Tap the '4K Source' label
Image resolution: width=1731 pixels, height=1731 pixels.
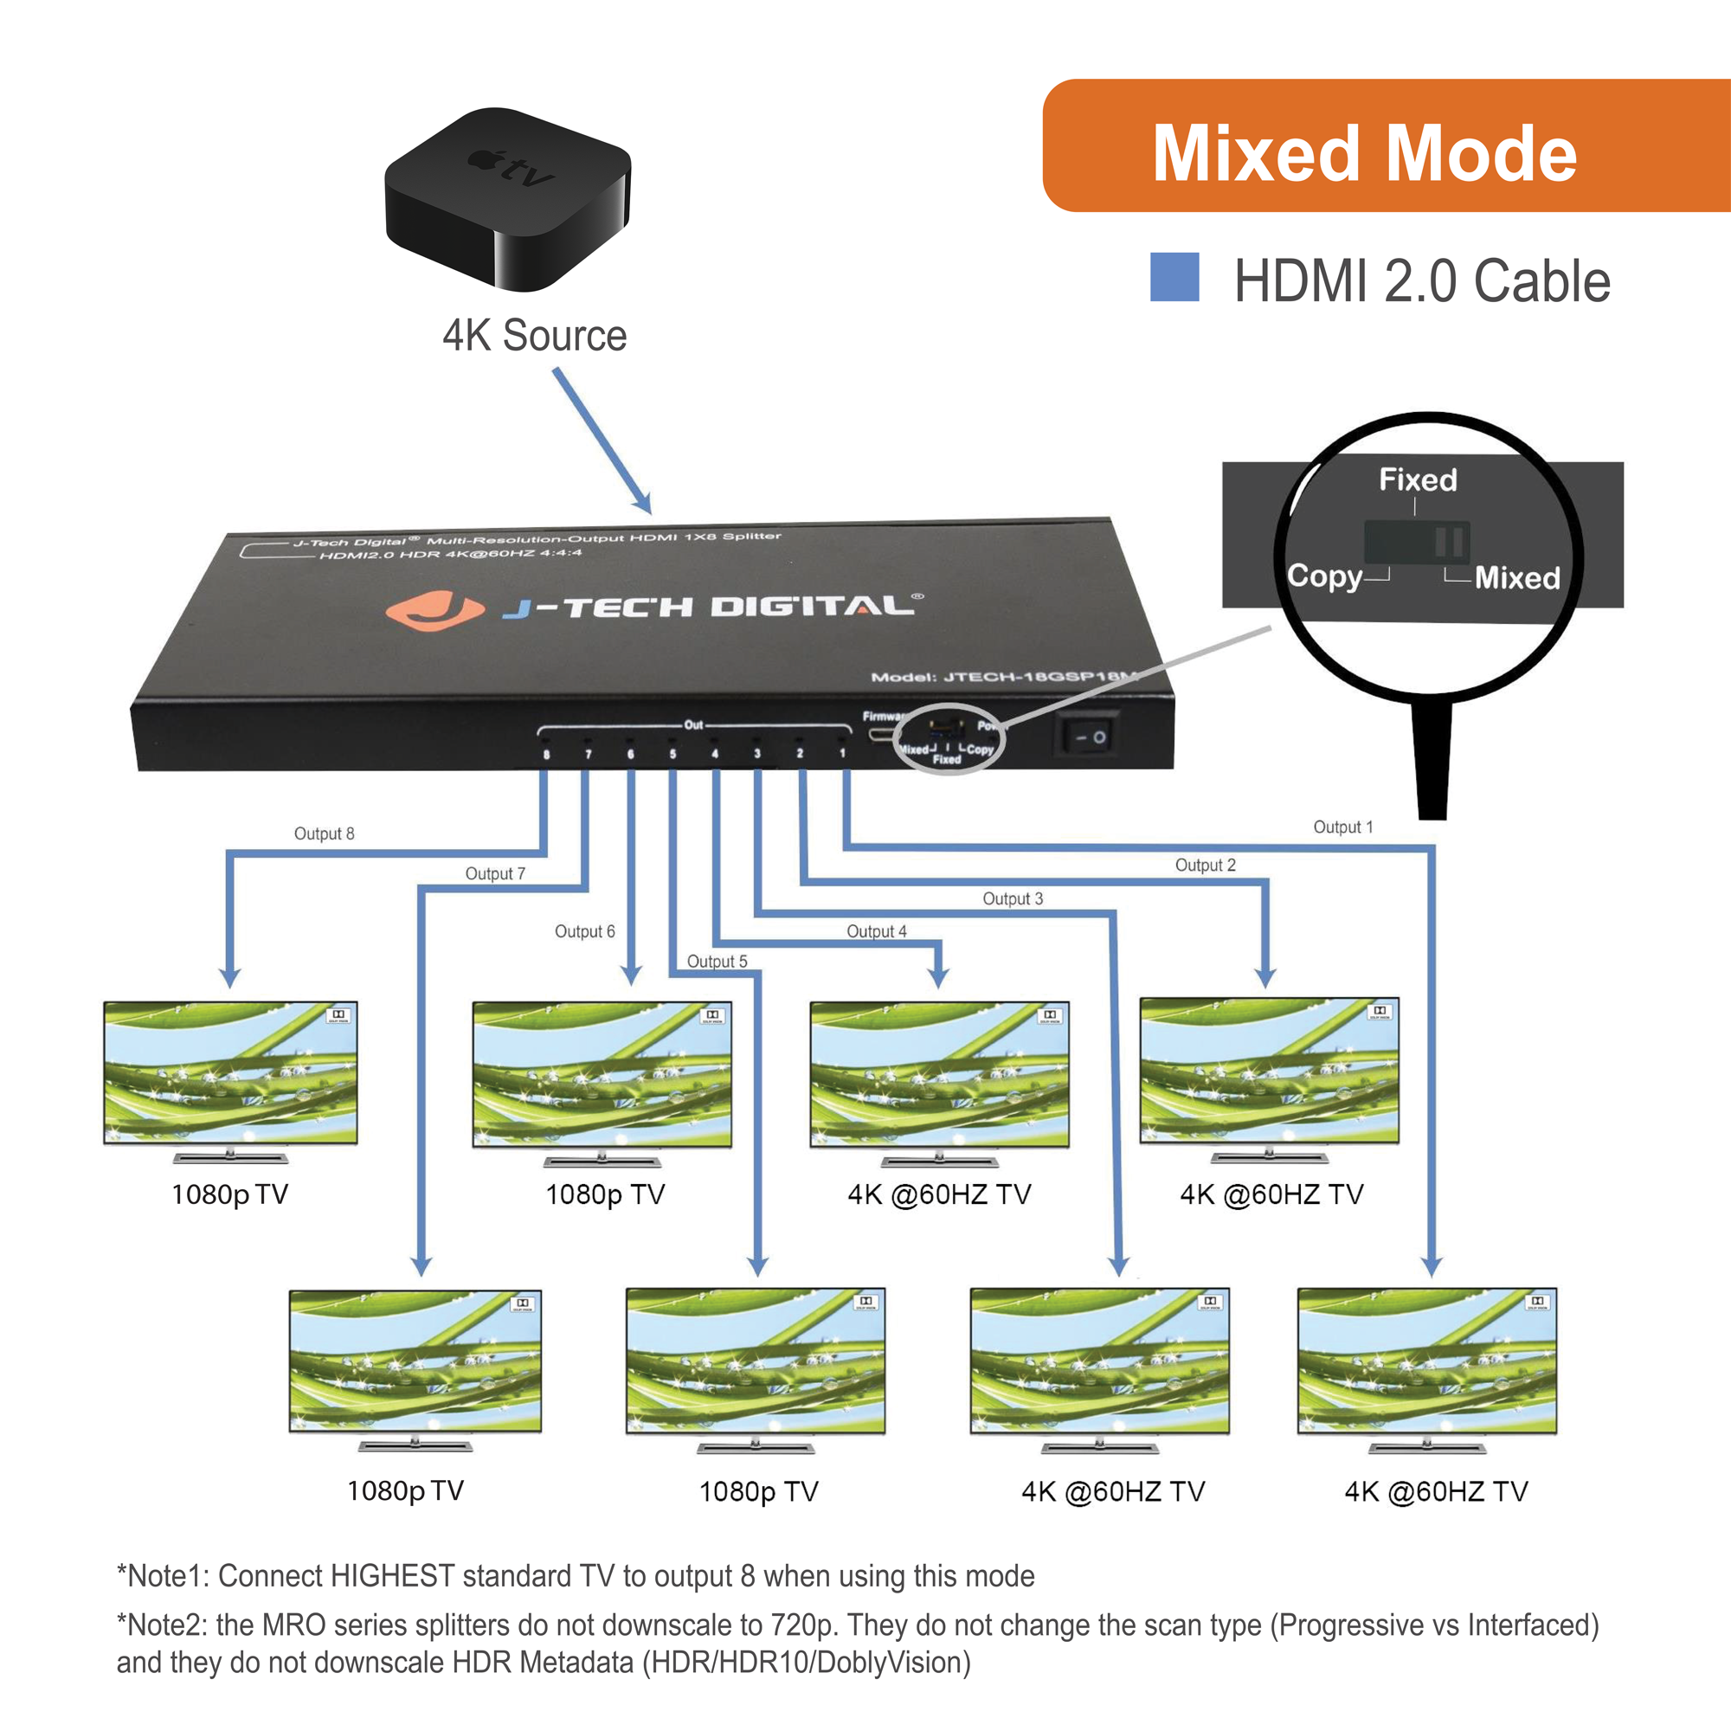point(534,336)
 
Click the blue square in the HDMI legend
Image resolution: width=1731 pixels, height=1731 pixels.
point(1174,277)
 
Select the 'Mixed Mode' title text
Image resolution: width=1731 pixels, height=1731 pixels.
point(1364,154)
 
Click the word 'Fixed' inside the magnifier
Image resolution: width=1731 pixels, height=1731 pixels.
point(1418,480)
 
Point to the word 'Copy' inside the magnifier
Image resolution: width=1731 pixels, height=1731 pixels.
point(1324,576)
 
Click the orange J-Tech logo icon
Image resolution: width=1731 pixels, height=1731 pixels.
point(434,611)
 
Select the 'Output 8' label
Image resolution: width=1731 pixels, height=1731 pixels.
point(325,833)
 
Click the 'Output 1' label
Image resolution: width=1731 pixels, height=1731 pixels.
point(1342,827)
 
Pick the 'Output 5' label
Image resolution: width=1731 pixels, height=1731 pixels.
point(717,962)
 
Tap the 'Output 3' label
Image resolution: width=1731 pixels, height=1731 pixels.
point(1013,898)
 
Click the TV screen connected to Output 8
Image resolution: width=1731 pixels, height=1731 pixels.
point(231,1072)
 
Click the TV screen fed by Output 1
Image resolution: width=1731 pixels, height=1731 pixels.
point(1426,1360)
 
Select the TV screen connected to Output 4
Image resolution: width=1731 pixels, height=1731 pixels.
point(939,1073)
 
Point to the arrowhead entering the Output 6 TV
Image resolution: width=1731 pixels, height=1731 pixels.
point(632,975)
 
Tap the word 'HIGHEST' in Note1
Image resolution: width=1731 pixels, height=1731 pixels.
point(392,1575)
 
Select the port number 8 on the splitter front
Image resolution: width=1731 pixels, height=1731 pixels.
point(545,755)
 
